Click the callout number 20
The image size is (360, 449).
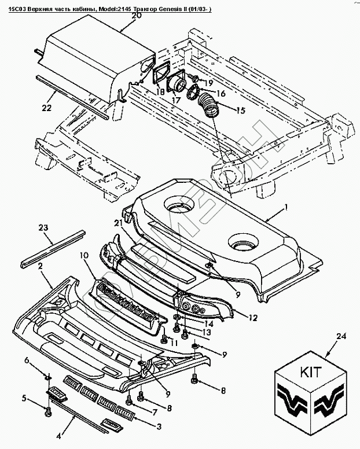[x=137, y=16]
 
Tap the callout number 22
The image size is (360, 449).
[x=46, y=108]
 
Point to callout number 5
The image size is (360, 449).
[x=25, y=398]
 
